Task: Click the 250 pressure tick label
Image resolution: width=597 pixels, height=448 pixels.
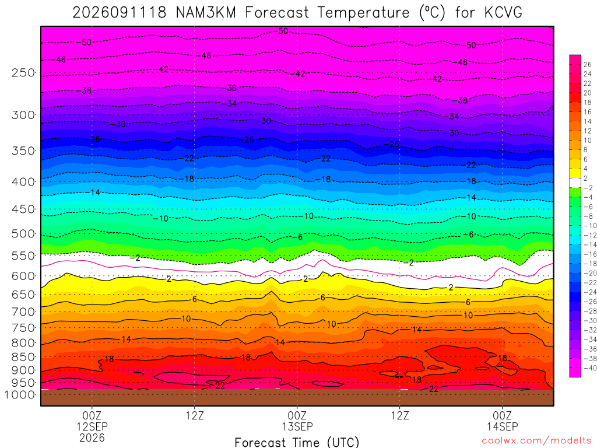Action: click(x=23, y=72)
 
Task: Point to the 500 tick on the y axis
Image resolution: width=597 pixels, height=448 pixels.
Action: click(x=23, y=233)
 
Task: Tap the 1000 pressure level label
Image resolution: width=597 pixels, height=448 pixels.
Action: click(x=20, y=395)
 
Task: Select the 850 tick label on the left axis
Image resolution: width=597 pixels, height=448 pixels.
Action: click(x=23, y=357)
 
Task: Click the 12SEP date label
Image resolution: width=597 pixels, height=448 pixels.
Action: click(x=92, y=426)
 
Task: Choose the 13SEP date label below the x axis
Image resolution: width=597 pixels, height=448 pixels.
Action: click(x=297, y=426)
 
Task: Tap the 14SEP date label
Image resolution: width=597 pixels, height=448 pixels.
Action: click(x=502, y=426)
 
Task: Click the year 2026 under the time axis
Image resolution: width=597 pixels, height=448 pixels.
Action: click(x=92, y=437)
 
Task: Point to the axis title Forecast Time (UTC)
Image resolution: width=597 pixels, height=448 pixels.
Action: click(x=297, y=442)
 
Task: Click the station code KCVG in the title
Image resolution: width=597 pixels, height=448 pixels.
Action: click(x=503, y=13)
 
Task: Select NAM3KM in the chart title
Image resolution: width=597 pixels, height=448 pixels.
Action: click(x=206, y=13)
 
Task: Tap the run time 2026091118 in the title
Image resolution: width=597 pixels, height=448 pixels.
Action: click(x=120, y=13)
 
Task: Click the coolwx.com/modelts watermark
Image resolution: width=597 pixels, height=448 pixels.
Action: click(x=536, y=441)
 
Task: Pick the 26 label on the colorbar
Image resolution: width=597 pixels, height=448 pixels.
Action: click(x=588, y=64)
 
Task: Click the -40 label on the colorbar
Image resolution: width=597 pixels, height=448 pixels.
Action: click(x=590, y=368)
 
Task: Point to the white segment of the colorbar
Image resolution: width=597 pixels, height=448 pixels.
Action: click(x=575, y=183)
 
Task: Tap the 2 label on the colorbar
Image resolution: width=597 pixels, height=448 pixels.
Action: click(x=585, y=178)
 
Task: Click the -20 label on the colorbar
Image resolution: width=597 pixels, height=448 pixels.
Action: click(x=590, y=273)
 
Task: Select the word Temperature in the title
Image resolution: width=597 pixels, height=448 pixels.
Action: click(x=364, y=13)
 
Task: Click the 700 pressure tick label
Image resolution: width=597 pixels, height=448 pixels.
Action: click(x=23, y=312)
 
